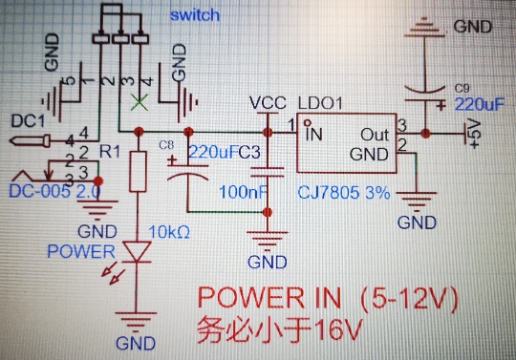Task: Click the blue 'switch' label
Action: tap(195, 15)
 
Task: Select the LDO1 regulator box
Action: tap(347, 143)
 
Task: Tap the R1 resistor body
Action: tap(138, 171)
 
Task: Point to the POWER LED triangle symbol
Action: tap(137, 251)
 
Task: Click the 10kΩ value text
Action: tap(169, 232)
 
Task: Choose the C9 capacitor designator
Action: tap(462, 89)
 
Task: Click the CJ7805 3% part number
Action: tap(344, 192)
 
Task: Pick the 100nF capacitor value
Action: tap(243, 192)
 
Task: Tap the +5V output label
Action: tap(475, 135)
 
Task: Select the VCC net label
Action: tap(268, 103)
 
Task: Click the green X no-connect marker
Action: tap(140, 102)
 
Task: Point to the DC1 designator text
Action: tap(28, 121)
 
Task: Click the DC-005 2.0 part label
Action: tap(54, 192)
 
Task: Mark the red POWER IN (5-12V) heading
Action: tap(328, 299)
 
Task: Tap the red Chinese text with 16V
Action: tap(280, 329)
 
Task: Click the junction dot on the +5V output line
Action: tap(425, 134)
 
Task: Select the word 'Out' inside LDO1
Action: tap(375, 135)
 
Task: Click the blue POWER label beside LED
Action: tap(81, 251)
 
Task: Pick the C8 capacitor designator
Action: tap(166, 145)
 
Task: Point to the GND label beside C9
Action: tap(473, 27)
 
